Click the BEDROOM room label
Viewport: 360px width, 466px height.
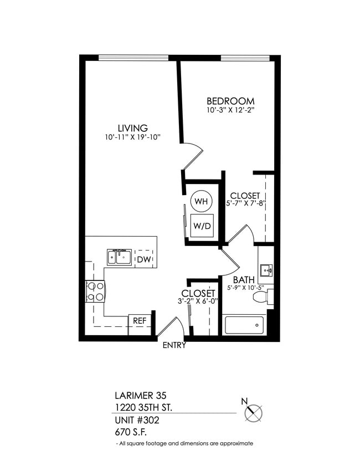[230, 101]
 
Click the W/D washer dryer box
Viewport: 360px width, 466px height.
[200, 226]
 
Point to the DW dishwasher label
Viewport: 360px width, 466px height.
[144, 259]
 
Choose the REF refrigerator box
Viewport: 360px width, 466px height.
[140, 320]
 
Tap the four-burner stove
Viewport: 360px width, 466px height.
[95, 291]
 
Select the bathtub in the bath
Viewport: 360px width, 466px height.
[244, 325]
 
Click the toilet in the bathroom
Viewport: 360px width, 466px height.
[261, 297]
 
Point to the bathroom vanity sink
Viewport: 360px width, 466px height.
[267, 271]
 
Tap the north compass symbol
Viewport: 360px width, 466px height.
[253, 412]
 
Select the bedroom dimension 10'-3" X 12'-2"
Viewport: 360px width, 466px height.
[230, 110]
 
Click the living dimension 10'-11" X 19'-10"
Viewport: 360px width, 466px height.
[132, 137]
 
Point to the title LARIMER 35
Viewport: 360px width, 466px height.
[140, 396]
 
